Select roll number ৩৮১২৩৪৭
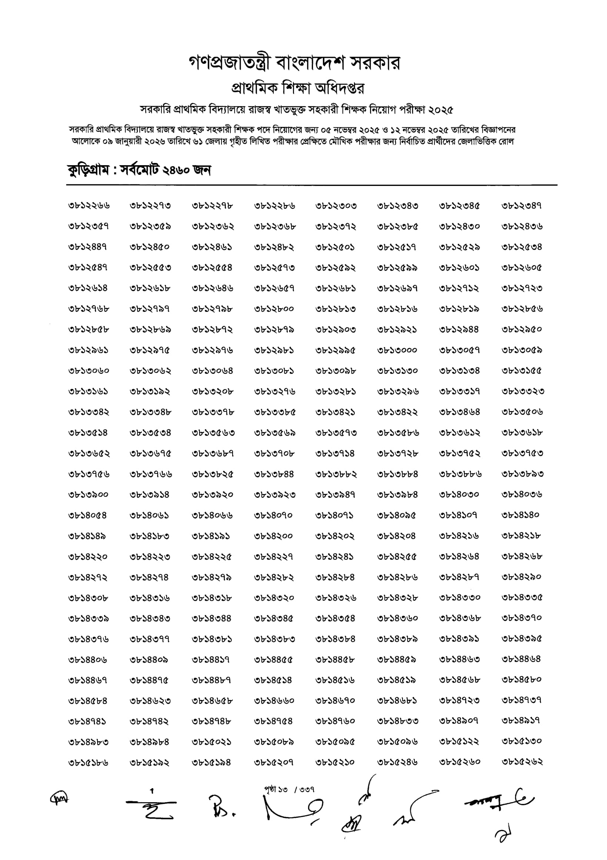coord(521,206)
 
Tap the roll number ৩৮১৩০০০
coord(397,350)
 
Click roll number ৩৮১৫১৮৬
coord(89,763)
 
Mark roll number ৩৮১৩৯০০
coord(89,495)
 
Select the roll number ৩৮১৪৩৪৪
coord(212,619)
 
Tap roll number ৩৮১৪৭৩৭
coord(521,700)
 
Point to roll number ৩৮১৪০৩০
coord(459,495)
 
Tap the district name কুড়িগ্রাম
coord(89,171)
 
